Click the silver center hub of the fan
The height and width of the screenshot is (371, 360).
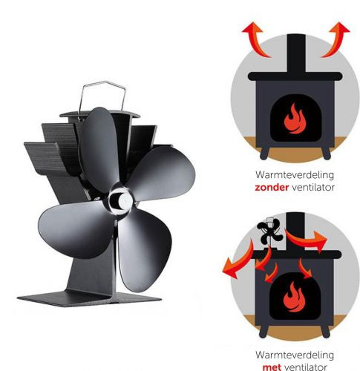click(121, 200)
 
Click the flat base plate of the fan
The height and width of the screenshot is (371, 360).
click(89, 299)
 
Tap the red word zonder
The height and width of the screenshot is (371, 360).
click(272, 187)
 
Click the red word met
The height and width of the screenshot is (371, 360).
click(272, 367)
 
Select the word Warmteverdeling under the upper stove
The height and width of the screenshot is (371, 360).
click(295, 175)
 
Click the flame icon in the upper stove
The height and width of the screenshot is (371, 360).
click(295, 119)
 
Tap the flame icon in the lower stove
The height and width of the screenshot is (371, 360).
click(294, 297)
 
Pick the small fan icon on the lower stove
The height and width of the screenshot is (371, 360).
click(269, 232)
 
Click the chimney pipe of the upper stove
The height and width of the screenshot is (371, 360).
click(296, 53)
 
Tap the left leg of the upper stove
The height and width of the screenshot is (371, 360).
click(265, 153)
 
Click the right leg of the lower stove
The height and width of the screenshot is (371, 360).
click(326, 331)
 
